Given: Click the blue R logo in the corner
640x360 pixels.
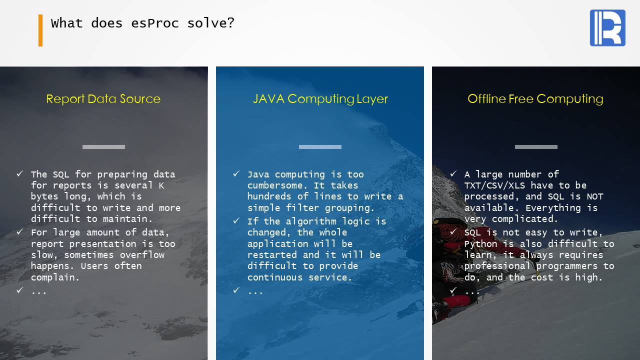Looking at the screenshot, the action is click(x=607, y=27).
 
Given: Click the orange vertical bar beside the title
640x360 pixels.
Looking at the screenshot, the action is click(x=40, y=30).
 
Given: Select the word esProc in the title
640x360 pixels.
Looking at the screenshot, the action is click(x=155, y=23).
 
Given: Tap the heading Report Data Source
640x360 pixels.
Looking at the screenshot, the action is click(x=103, y=99).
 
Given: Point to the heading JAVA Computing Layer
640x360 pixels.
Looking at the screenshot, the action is click(x=320, y=99).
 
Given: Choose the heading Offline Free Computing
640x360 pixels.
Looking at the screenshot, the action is click(x=535, y=99).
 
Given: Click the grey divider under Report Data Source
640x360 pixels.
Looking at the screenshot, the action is click(x=103, y=147).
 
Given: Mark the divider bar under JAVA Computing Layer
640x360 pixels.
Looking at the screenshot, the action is click(x=320, y=147).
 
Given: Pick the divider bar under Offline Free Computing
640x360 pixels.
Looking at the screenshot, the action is click(x=536, y=147).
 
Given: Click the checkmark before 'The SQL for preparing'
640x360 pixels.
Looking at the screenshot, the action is click(x=19, y=173).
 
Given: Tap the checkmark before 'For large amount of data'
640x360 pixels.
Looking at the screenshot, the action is click(x=19, y=231).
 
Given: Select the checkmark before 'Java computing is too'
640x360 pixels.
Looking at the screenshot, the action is click(x=236, y=173).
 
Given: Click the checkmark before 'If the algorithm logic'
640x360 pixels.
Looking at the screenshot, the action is click(x=236, y=220).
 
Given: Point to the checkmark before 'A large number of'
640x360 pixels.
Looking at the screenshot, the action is click(x=453, y=173).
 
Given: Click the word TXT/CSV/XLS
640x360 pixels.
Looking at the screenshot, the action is click(x=494, y=185).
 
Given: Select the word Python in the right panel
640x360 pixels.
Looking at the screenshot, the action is click(x=481, y=244).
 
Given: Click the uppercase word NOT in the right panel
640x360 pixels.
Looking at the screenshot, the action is click(x=595, y=196).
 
